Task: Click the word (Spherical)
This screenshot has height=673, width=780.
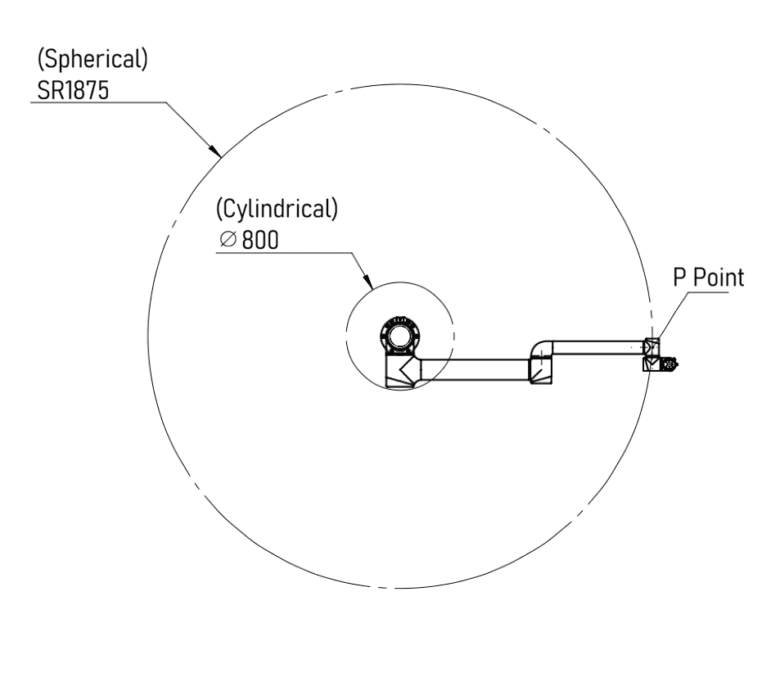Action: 92,60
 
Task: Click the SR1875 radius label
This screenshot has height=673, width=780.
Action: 73,91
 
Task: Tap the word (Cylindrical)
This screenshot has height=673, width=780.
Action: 277,209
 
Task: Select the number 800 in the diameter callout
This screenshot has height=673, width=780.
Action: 260,240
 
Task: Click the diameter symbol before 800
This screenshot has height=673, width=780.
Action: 228,239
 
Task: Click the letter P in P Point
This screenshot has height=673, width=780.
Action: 679,278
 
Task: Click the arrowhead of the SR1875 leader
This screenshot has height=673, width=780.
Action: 215,151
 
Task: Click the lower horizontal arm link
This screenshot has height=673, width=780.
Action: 474,369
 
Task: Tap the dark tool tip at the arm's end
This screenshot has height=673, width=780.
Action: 674,365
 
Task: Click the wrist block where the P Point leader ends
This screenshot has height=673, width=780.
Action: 652,346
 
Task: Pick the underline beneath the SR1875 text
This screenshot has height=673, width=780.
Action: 98,102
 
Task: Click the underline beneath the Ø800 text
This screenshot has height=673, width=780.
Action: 284,253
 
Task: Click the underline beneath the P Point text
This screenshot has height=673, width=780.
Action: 708,291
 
